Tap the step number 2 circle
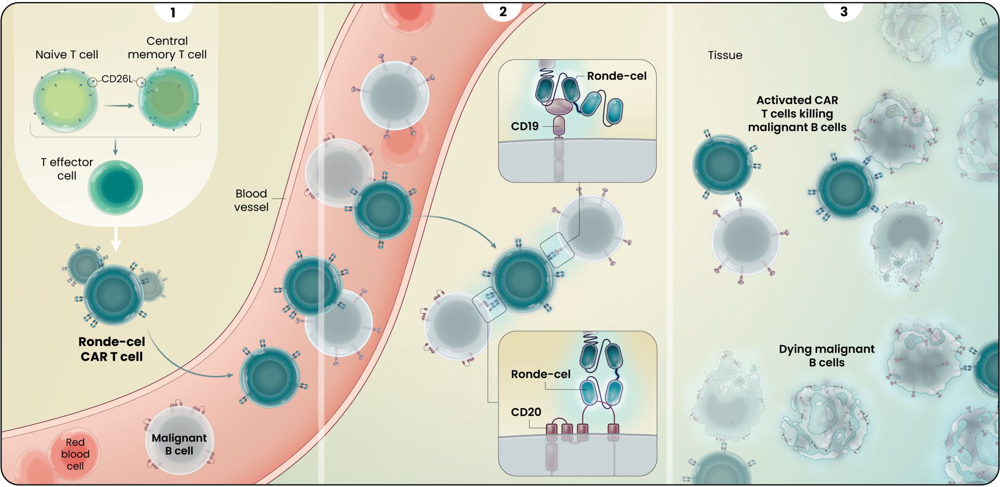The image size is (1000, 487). pos(503,11)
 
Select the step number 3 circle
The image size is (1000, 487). pos(844,11)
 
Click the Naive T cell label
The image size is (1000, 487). pos(67,54)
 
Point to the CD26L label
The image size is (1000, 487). pos(117,79)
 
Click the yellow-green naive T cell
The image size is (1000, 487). pos(65,100)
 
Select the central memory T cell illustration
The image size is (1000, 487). pos(168,98)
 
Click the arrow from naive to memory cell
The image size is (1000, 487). pos(118,106)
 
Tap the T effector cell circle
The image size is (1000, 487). pos(116,188)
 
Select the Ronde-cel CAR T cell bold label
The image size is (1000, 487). pos(112,349)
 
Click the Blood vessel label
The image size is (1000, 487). pos(251,200)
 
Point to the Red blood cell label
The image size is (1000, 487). pos(75,454)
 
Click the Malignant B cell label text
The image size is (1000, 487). pos(179,444)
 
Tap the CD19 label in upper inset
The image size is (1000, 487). pos(525,126)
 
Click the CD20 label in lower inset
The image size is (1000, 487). pos(526,412)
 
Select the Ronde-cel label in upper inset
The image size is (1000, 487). pos(616,76)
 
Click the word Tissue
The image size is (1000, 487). pos(725,55)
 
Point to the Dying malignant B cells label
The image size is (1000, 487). pos(827,355)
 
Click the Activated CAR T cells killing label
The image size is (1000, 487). pos(797,113)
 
